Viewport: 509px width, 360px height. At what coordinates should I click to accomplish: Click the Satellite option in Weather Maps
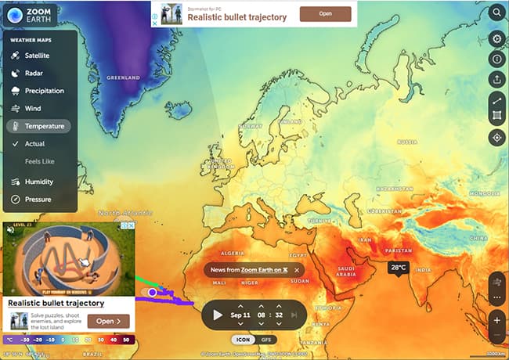(x=36, y=56)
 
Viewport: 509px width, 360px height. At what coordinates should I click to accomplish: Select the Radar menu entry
(x=32, y=73)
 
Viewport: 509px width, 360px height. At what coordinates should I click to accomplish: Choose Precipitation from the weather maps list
(x=43, y=91)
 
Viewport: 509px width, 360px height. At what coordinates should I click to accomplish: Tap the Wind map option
(x=32, y=108)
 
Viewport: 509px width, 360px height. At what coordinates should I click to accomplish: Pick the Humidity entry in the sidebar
(x=38, y=182)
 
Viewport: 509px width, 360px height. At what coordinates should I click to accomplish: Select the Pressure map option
(x=37, y=200)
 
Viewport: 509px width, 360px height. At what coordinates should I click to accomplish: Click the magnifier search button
(x=496, y=13)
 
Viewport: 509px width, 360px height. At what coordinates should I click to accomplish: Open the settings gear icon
(x=496, y=38)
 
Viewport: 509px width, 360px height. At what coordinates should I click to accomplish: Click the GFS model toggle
(x=266, y=340)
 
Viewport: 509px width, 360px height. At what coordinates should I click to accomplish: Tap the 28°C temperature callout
(x=398, y=268)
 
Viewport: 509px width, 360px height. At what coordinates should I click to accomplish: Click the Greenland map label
(x=123, y=78)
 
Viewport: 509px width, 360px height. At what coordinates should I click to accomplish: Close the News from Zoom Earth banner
(x=297, y=270)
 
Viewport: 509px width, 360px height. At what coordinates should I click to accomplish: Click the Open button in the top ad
(x=325, y=13)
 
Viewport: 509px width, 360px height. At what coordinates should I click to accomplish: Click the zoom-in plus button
(x=496, y=319)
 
